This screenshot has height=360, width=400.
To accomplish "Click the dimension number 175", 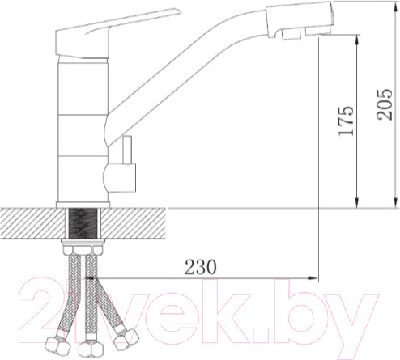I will [x=346, y=121].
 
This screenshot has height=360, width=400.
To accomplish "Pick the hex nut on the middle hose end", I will [x=87, y=349].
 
